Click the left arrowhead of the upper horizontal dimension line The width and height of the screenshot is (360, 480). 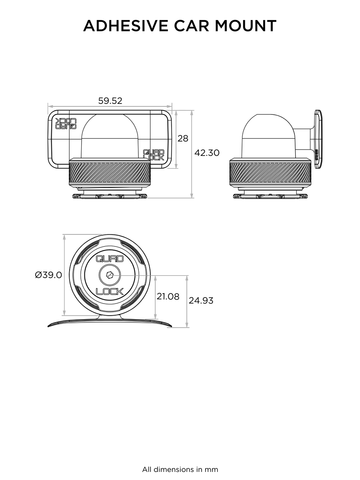(x=51, y=107)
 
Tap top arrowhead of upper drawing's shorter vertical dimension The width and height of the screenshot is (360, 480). (x=176, y=115)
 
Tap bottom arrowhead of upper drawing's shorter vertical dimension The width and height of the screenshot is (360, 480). (x=176, y=165)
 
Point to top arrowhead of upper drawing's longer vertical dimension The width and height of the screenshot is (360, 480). (x=192, y=113)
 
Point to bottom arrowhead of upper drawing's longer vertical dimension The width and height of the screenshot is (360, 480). (x=192, y=195)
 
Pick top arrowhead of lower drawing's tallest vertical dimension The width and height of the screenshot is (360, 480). (x=63, y=238)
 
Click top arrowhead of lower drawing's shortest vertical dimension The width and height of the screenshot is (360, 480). (x=155, y=279)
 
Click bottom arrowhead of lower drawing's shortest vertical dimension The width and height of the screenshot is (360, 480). (x=155, y=316)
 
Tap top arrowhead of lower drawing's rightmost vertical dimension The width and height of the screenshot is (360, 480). (x=187, y=279)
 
